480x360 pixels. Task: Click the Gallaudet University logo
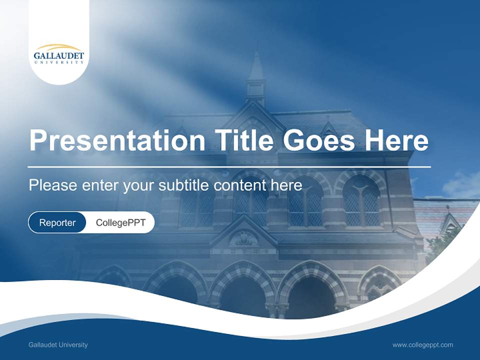59,55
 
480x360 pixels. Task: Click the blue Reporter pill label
57,222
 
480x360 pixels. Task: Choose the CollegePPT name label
120,222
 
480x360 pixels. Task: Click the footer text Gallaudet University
58,345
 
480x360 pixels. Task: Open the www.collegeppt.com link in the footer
422,345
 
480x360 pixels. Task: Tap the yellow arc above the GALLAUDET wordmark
59,46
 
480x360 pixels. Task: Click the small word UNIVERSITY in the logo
59,62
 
